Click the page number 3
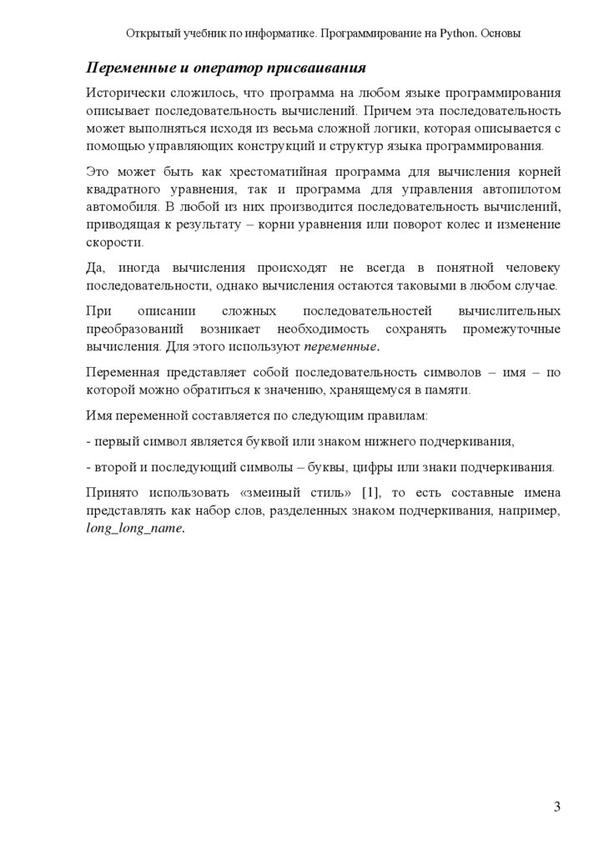[x=556, y=806]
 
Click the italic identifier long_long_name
[x=134, y=528]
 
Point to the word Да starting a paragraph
[x=95, y=267]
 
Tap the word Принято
[x=113, y=494]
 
